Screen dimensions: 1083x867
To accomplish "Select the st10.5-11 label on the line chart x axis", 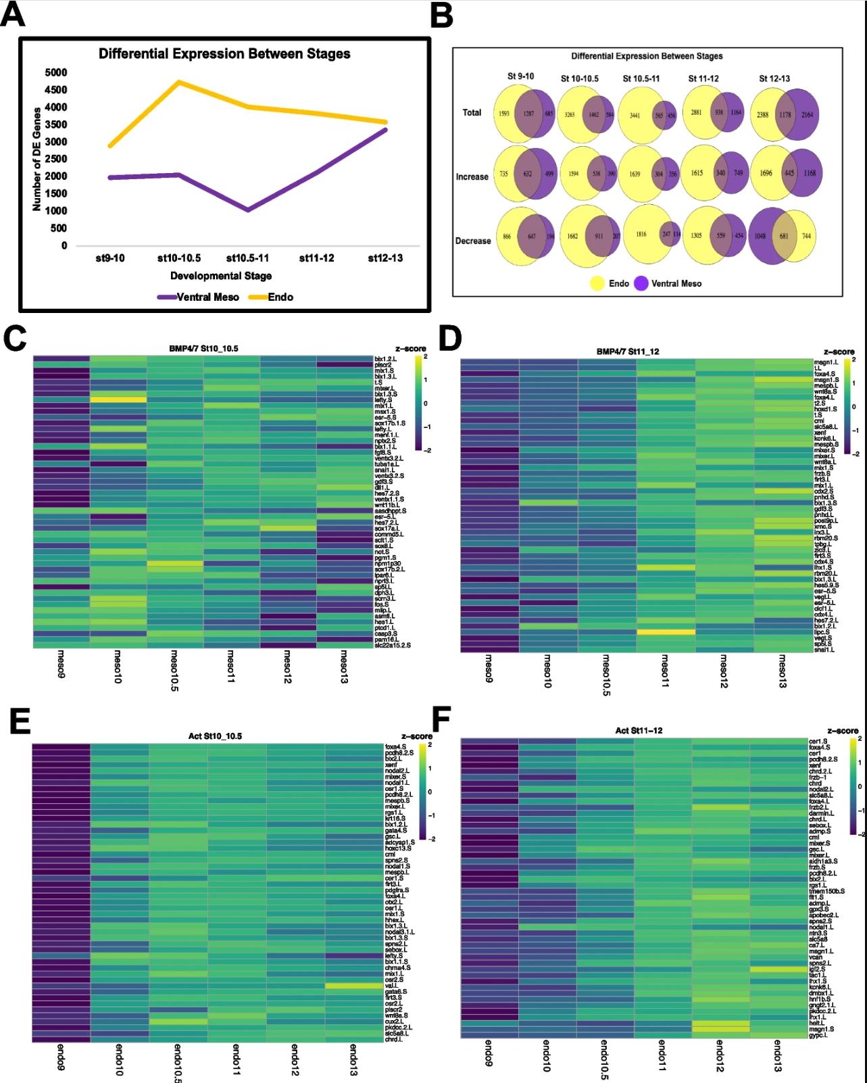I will pos(247,258).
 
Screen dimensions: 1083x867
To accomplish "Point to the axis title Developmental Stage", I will pos(221,276).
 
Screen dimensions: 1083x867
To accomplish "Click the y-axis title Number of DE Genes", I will pos(36,159).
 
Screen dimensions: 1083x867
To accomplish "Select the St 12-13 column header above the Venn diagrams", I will pos(774,78).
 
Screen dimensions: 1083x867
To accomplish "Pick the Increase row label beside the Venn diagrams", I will pos(472,176).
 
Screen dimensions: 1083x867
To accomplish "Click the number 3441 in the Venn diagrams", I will pos(635,116).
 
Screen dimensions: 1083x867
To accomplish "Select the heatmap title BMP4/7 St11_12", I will pos(628,352).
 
